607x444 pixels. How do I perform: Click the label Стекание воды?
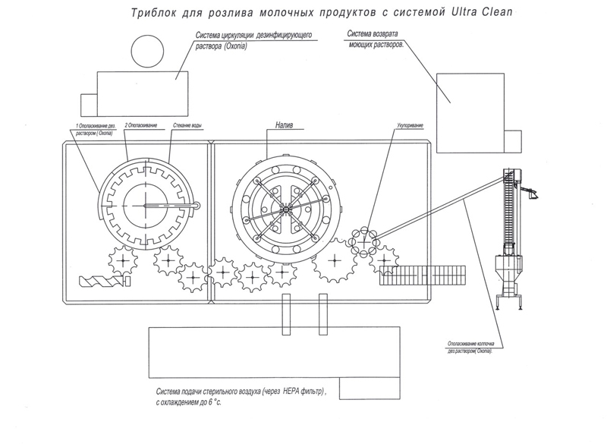(x=185, y=124)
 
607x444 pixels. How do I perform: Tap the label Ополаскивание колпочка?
(x=467, y=345)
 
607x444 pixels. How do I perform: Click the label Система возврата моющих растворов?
(x=375, y=39)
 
